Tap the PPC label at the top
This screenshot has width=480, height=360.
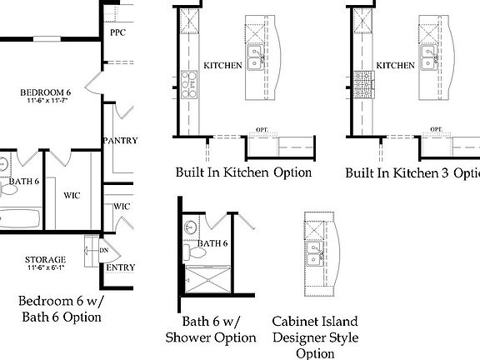pos(117,32)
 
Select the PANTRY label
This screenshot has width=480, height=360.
pos(121,141)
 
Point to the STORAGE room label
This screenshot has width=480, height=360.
pos(45,259)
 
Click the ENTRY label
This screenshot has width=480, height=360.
pos(120,267)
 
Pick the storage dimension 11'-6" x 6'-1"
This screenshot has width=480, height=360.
pos(45,268)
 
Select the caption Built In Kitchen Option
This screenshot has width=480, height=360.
pos(243,173)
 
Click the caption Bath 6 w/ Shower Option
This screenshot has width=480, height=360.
pos(210,329)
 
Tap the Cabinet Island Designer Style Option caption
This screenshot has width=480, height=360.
pos(315,337)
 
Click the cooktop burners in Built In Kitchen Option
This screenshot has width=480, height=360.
pos(189,82)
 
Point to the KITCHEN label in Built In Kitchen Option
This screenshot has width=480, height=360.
pos(222,65)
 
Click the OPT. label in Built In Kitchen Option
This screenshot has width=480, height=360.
pos(261,130)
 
